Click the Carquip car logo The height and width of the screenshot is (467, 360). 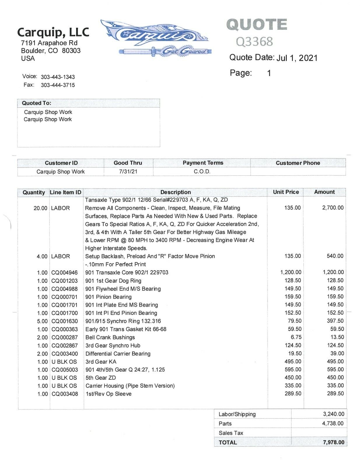[x=155, y=37]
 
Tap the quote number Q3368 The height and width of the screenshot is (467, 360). [x=254, y=42]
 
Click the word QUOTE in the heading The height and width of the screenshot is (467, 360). [x=257, y=25]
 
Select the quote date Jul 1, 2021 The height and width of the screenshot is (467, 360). [x=297, y=58]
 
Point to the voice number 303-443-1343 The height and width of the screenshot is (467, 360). [x=58, y=77]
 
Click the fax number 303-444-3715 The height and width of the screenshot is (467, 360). [x=58, y=85]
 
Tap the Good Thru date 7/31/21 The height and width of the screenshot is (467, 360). [x=128, y=171]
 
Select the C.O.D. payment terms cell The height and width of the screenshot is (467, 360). [x=202, y=171]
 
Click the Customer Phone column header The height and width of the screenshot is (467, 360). [x=298, y=163]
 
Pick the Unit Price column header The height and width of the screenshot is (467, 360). [x=286, y=192]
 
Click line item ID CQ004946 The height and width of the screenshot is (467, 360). [x=64, y=273]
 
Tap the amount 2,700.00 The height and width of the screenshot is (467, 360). [x=333, y=208]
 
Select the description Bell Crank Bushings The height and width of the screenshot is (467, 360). [x=110, y=337]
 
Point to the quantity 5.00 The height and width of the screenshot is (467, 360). [x=42, y=321]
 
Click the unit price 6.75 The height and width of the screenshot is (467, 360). [x=294, y=337]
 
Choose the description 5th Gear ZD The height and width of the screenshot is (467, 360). [x=101, y=378]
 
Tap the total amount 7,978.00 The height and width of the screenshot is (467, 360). [x=333, y=442]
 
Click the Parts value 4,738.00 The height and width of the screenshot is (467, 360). [x=333, y=424]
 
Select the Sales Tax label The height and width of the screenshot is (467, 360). [x=231, y=433]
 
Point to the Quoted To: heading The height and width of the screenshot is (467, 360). [x=36, y=103]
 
